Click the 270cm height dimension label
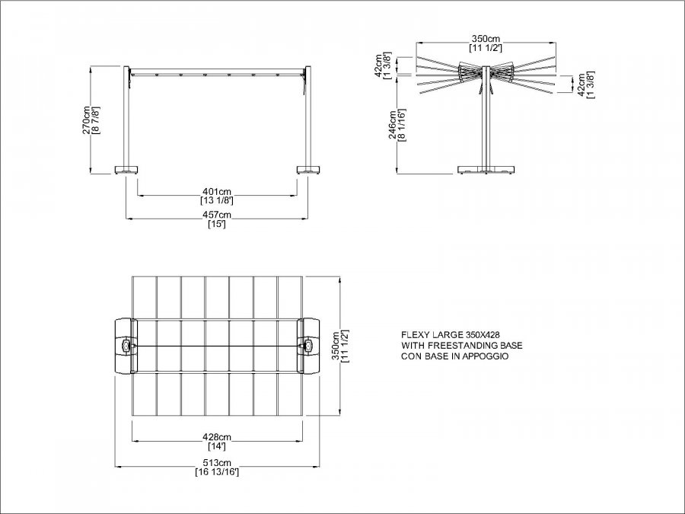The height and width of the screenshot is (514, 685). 87,120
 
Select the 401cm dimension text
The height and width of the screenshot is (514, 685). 217,192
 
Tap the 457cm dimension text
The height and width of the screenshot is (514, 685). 217,215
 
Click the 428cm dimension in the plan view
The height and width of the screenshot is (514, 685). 217,437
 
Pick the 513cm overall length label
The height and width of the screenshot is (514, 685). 217,462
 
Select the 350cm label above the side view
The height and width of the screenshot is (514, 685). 486,39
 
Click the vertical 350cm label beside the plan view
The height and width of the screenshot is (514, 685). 336,346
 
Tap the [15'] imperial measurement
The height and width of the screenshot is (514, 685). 217,225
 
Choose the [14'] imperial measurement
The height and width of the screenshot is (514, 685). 217,447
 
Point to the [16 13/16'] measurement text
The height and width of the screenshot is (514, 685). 217,472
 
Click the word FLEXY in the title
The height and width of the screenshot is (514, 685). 415,335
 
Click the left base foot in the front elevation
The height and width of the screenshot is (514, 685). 126,170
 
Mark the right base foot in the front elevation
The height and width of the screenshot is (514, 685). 309,170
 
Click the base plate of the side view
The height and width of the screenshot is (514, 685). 486,170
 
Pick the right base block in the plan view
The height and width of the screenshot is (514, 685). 308,346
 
